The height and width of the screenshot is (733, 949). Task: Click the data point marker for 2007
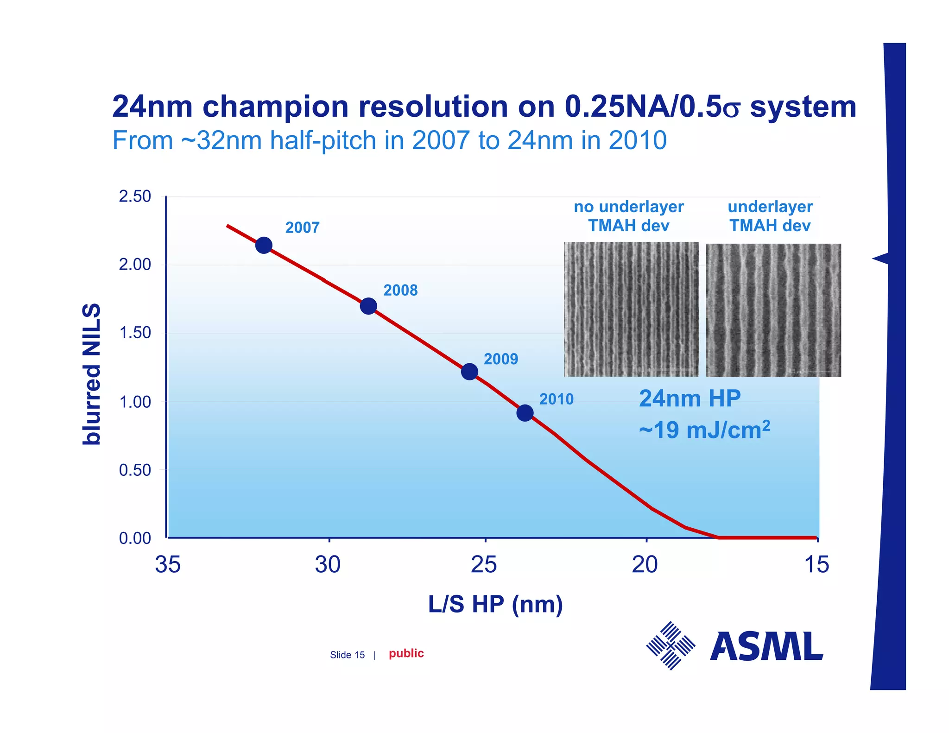coord(264,245)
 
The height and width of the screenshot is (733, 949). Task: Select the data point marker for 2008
coord(368,306)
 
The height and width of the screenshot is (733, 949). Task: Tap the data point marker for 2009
coord(469,371)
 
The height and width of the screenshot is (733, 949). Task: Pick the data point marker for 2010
coord(525,412)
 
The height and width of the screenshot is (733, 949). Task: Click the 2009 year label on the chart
coord(500,359)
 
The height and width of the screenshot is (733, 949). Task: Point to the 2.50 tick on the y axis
coord(135,196)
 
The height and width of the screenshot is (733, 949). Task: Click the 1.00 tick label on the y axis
coord(135,402)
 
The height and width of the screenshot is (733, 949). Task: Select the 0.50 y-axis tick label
coord(135,470)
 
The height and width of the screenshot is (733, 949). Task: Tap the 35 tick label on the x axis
coord(168,564)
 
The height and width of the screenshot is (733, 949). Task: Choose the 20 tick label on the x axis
coord(645,564)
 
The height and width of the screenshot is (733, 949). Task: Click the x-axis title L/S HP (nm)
coord(495,604)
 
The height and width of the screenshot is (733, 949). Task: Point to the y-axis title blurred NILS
coord(91,374)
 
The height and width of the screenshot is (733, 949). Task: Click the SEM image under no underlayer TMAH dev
coord(631,309)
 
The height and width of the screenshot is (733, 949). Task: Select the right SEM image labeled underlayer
coord(773,310)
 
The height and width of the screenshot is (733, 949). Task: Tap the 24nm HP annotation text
coord(690,398)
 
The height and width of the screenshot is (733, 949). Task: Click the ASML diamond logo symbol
coord(671,645)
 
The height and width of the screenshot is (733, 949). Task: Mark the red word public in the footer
coord(406,653)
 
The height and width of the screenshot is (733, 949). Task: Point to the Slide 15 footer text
coord(347,655)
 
